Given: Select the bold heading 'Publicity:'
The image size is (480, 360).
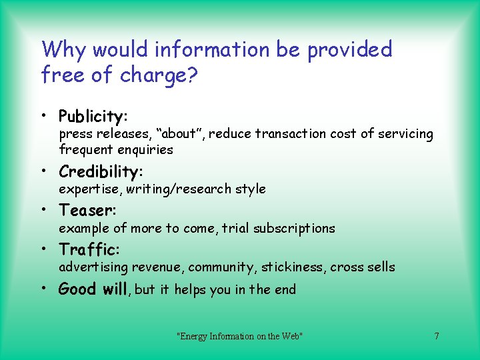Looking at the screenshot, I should pyautogui.click(x=93, y=117).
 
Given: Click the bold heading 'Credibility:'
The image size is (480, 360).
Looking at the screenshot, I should pyautogui.click(x=101, y=172).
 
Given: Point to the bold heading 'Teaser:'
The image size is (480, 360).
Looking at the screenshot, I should pyautogui.click(x=88, y=211).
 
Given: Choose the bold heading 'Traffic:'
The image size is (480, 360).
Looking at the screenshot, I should pyautogui.click(x=89, y=250).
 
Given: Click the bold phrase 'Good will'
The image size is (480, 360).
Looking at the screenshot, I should pyautogui.click(x=95, y=289).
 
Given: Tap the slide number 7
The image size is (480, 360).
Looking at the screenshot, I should pyautogui.click(x=436, y=336).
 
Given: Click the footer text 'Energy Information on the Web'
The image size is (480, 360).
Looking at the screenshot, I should pyautogui.click(x=239, y=336).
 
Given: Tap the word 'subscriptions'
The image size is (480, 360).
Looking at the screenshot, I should pyautogui.click(x=295, y=228).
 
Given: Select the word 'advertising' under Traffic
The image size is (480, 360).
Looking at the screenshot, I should pyautogui.click(x=93, y=267).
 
